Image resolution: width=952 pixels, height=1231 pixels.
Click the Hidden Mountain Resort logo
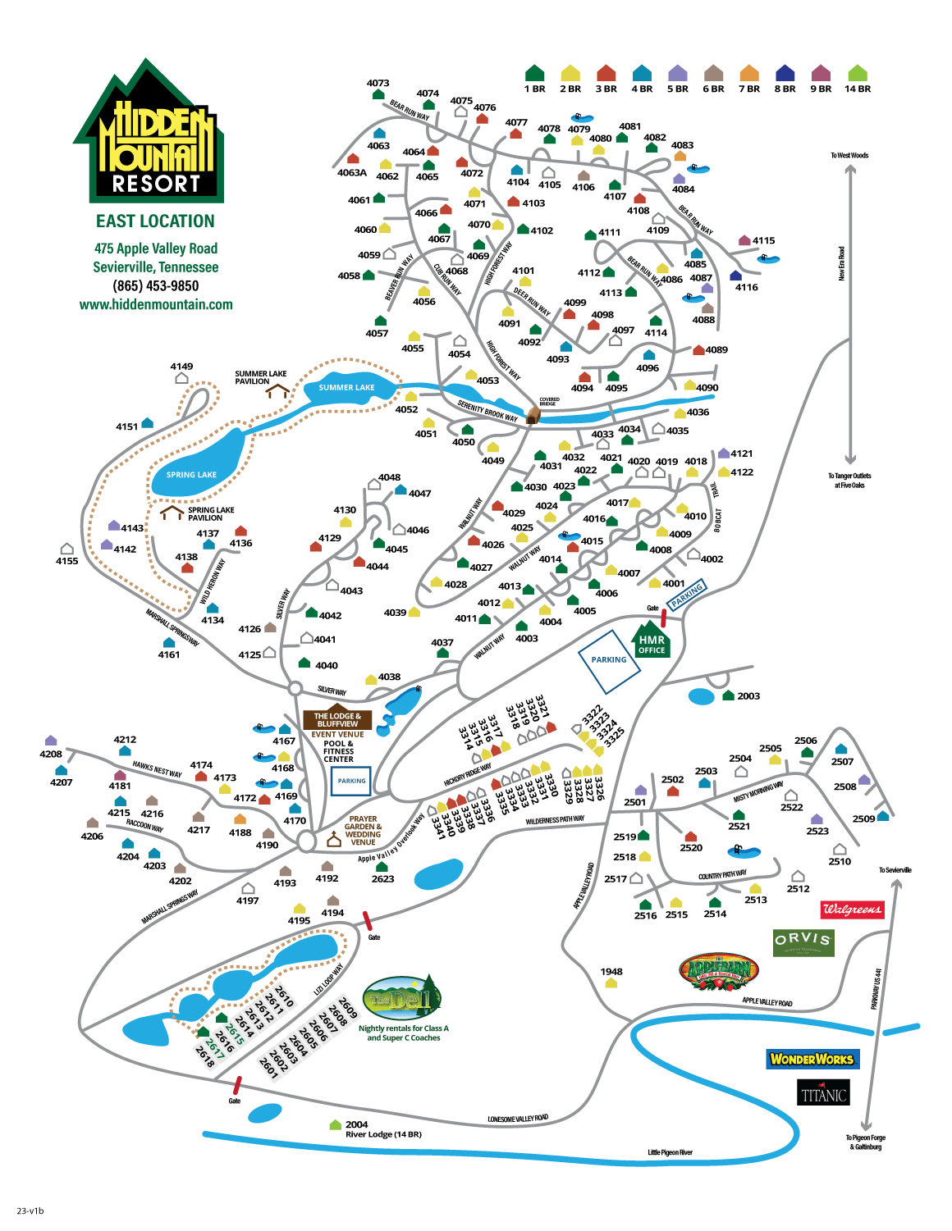coord(155,135)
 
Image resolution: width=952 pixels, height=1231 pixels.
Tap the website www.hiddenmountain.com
coord(156,304)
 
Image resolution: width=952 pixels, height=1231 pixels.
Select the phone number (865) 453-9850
coord(156,285)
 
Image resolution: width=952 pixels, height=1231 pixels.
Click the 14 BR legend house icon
coord(858,73)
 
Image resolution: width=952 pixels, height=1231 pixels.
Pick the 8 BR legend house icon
coord(785,73)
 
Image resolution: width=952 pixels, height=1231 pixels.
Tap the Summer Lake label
coord(346,388)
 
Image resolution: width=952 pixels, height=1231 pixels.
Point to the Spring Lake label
coord(191,475)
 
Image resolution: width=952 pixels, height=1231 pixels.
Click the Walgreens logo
coord(853,909)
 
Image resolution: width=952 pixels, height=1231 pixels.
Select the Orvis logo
coord(803,942)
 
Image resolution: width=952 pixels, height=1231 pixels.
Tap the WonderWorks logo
coord(812,1059)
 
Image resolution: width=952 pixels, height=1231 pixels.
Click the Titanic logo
coord(823,1093)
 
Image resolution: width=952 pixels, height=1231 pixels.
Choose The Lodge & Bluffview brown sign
coord(337,720)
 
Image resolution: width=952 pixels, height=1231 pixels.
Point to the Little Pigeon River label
coord(670,1152)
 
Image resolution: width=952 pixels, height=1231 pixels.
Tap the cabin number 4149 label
coord(181,367)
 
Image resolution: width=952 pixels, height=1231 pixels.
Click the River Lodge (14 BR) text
coord(383,1134)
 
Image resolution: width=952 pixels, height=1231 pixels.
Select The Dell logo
coord(402,999)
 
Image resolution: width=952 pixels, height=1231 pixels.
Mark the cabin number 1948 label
coord(611,971)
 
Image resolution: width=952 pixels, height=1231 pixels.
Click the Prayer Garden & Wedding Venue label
coord(363,830)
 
